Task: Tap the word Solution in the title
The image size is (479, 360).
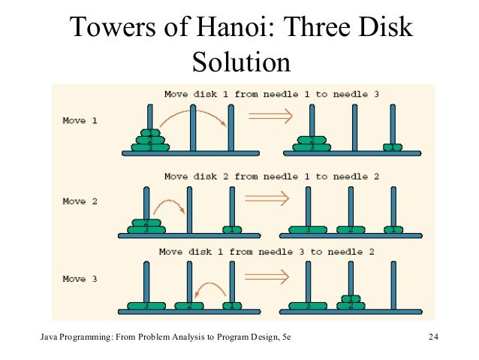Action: click(241, 61)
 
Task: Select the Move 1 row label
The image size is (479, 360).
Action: click(80, 121)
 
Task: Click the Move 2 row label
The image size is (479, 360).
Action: click(80, 201)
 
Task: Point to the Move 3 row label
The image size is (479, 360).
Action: click(80, 279)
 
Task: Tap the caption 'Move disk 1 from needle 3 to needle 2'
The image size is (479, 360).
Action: click(264, 252)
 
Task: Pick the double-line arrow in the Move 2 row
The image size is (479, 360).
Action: click(268, 199)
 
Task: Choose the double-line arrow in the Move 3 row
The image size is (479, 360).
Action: click(267, 277)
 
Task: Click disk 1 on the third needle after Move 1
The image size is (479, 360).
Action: click(390, 147)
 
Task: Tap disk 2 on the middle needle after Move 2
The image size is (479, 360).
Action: click(350, 229)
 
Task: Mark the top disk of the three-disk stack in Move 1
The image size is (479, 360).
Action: click(150, 133)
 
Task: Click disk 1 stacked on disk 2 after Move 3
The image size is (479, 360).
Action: click(349, 298)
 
